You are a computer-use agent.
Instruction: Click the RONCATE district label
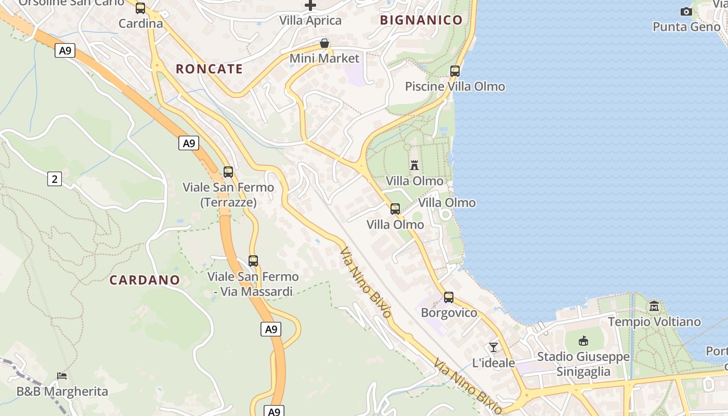point(209,69)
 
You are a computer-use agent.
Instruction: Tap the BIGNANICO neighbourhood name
point(421,20)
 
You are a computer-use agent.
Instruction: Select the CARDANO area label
point(145,280)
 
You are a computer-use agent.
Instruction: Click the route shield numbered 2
point(54,179)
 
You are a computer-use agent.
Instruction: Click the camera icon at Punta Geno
point(686,11)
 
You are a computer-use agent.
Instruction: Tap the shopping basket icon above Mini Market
point(324,43)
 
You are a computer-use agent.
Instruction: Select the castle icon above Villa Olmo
point(414,165)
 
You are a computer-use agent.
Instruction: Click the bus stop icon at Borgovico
point(448,297)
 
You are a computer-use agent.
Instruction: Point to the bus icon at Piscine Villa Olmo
point(455,71)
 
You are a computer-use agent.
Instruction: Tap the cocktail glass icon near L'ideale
point(493,347)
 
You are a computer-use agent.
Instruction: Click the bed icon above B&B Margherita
point(62,375)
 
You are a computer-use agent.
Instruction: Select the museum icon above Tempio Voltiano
point(654,306)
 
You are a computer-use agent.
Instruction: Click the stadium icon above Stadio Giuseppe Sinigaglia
point(583,341)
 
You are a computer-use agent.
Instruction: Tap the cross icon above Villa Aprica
point(310,6)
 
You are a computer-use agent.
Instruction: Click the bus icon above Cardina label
point(140,8)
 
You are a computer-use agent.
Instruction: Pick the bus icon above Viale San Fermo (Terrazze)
point(228,172)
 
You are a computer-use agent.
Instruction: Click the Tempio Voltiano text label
point(654,322)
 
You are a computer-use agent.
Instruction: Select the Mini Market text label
point(324,58)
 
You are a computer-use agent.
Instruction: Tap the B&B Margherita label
point(62,392)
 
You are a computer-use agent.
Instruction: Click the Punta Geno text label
point(686,27)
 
